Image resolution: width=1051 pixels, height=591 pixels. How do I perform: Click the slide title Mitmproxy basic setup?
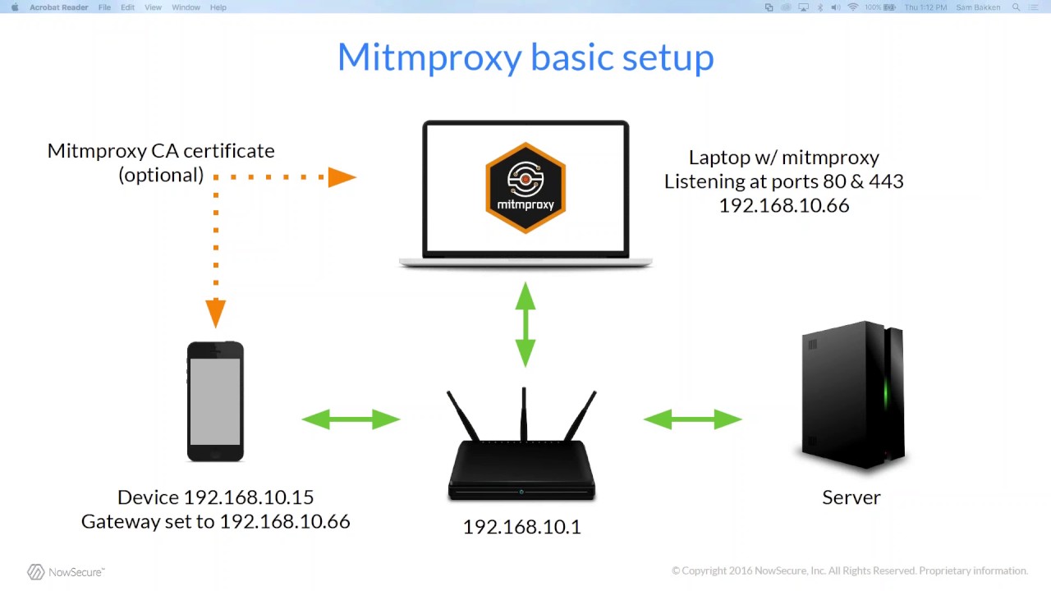point(525,57)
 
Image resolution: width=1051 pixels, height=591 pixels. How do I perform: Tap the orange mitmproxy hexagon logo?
point(525,188)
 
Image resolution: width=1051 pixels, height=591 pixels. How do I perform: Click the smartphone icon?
point(215,401)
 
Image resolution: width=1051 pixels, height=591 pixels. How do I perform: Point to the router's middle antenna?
point(523,415)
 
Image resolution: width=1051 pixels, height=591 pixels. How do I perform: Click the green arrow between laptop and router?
point(525,324)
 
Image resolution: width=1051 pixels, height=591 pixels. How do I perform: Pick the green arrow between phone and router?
point(351,419)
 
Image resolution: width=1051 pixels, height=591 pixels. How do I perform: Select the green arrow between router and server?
point(693,419)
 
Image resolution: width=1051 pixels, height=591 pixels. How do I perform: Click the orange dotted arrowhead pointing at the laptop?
point(342,176)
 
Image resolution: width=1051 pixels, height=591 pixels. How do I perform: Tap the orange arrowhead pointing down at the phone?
point(215,313)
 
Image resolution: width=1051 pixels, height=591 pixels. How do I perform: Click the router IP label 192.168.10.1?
point(521,527)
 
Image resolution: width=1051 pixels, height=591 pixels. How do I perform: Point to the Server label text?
point(851,497)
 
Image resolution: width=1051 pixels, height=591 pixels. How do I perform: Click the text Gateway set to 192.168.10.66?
point(215,521)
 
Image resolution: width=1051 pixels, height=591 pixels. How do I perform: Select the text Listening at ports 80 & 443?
point(783,181)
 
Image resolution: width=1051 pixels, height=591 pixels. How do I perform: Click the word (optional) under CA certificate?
point(161,175)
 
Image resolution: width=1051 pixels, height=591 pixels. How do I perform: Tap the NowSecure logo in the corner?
point(66,572)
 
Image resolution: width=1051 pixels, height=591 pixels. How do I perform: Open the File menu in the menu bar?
point(104,7)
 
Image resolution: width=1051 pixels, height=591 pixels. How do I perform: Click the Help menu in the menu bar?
point(218,7)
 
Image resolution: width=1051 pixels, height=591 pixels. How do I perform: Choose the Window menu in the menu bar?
point(186,7)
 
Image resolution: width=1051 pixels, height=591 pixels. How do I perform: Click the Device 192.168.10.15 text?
point(215,497)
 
